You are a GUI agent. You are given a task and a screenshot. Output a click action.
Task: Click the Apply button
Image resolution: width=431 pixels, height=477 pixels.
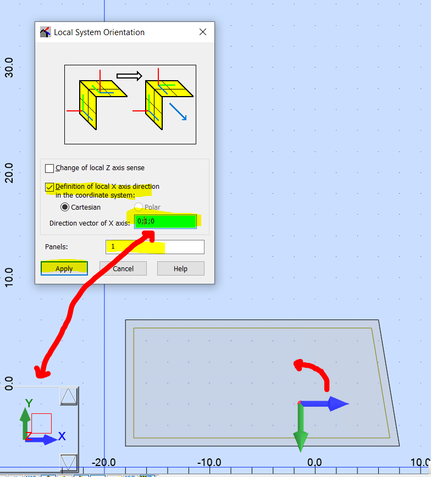pyautogui.click(x=64, y=268)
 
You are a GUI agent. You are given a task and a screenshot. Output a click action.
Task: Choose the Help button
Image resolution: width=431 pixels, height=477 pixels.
pyautogui.click(x=181, y=268)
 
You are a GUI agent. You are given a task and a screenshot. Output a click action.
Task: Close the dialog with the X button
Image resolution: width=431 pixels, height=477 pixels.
pyautogui.click(x=203, y=32)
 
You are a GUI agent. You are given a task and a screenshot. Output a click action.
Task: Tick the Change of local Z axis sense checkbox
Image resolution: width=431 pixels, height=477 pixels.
pyautogui.click(x=49, y=168)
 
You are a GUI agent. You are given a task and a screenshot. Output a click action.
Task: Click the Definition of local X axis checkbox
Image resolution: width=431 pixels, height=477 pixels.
pyautogui.click(x=49, y=187)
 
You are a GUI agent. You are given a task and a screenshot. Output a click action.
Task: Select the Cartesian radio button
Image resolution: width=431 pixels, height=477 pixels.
pyautogui.click(x=64, y=207)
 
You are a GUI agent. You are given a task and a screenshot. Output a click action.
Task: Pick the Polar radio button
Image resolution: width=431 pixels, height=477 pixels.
pyautogui.click(x=139, y=207)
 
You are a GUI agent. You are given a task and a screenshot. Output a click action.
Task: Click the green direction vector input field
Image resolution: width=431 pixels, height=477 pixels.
pyautogui.click(x=165, y=221)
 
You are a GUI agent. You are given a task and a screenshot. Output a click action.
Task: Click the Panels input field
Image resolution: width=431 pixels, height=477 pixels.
pyautogui.click(x=155, y=246)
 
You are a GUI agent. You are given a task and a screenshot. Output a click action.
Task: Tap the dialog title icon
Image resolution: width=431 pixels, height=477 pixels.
pyautogui.click(x=46, y=32)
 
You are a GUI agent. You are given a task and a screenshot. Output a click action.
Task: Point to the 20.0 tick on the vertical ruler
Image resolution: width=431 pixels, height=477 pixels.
pyautogui.click(x=9, y=172)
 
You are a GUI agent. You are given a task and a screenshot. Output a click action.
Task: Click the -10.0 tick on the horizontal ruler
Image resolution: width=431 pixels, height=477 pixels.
pyautogui.click(x=209, y=463)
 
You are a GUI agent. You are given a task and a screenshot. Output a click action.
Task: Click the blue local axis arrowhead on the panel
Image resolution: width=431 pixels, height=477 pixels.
pyautogui.click(x=339, y=403)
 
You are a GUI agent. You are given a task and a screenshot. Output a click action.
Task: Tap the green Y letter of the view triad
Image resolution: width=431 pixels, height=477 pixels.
pyautogui.click(x=29, y=403)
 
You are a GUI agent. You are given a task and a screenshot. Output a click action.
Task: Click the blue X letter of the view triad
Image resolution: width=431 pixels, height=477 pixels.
pyautogui.click(x=62, y=436)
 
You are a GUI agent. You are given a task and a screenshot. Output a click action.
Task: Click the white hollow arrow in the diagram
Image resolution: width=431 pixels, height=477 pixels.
pyautogui.click(x=129, y=76)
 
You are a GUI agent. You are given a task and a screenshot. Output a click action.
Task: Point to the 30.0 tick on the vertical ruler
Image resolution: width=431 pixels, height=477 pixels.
pyautogui.click(x=9, y=67)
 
